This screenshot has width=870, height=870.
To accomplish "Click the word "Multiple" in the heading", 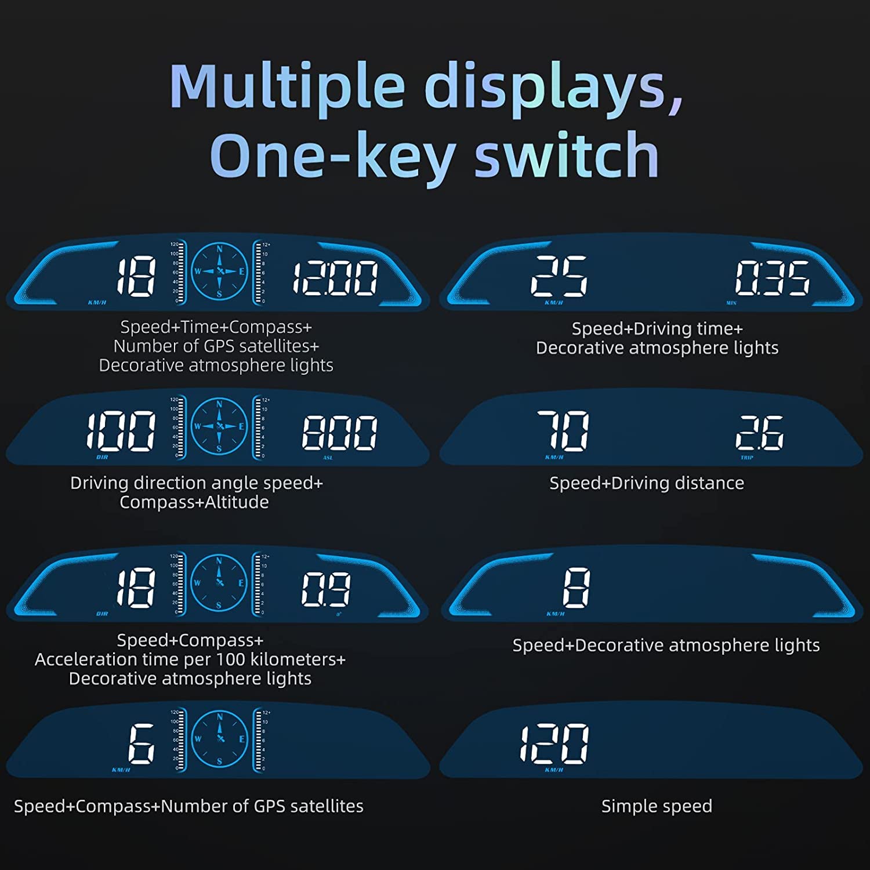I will point(287,87).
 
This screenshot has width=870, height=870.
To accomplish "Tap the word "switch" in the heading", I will point(567,155).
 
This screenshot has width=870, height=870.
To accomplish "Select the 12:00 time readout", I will point(335,278).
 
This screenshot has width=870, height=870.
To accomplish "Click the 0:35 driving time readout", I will point(772,278).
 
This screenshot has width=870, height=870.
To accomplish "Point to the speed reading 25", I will point(559,276).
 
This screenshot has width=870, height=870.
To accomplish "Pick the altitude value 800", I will point(339,433).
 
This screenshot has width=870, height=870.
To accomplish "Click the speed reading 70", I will point(563,430).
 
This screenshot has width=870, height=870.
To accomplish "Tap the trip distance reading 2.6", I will point(759,433).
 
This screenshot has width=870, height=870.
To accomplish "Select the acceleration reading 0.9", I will point(325,589).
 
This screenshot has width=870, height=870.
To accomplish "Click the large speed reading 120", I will point(554,744).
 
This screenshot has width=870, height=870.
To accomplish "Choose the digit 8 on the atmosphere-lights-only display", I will point(576,588).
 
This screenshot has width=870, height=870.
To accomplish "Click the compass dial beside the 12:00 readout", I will point(219,271).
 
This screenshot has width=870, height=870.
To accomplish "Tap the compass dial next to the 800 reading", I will point(219,426).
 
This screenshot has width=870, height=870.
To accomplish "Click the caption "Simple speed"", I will point(657,806).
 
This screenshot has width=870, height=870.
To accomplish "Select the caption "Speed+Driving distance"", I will point(647,483).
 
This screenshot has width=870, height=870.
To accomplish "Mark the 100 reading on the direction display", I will point(121,431).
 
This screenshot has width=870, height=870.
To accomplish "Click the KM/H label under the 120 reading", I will point(554,770).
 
